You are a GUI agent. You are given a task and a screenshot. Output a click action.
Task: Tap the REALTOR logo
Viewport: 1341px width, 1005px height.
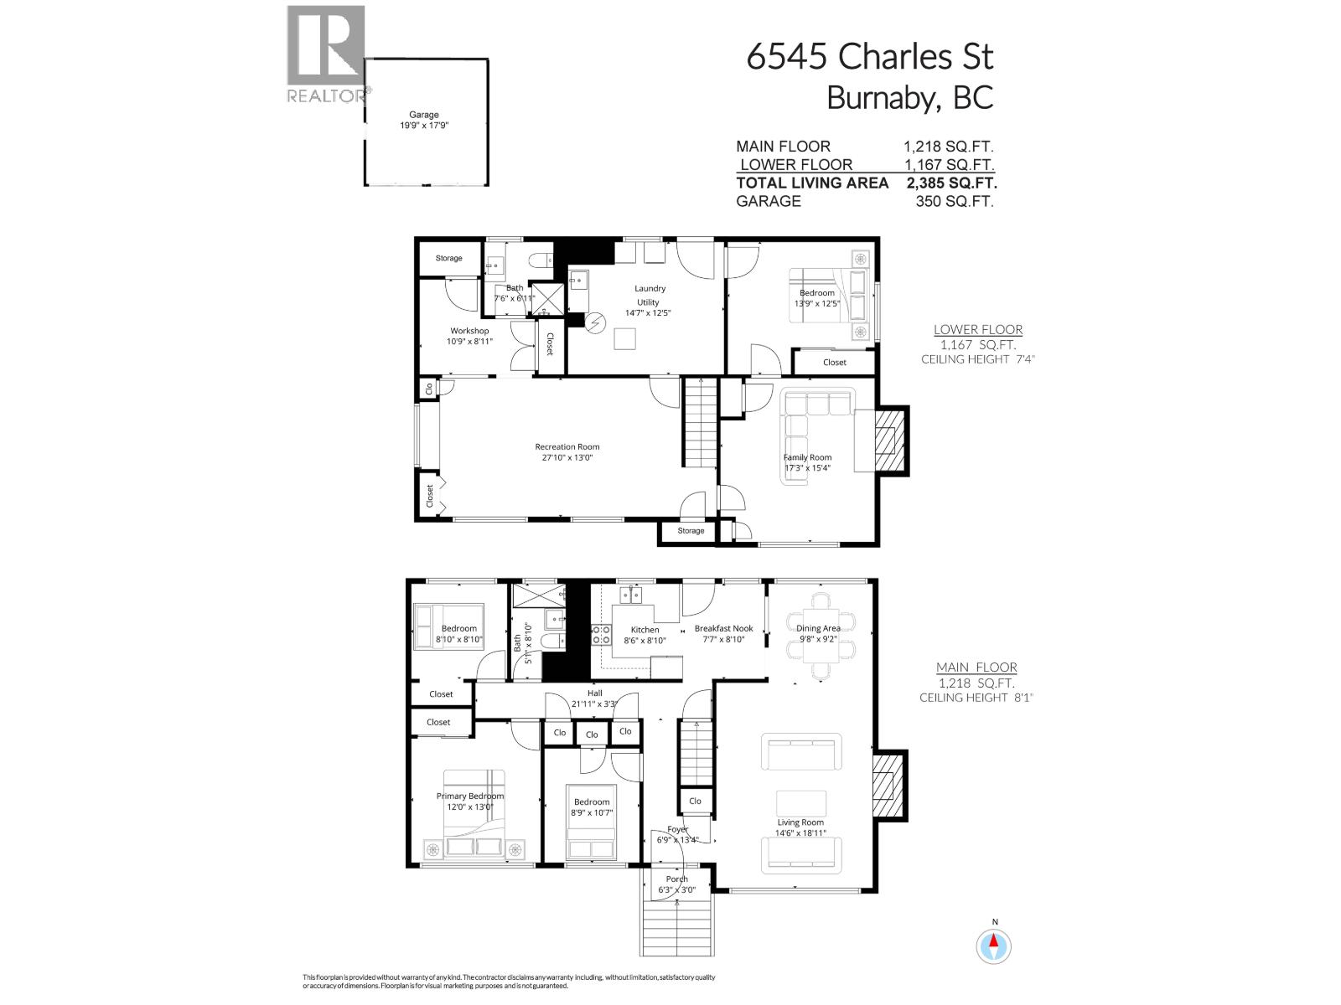(327, 55)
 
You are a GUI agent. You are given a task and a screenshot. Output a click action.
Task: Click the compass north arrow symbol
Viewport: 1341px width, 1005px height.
(995, 946)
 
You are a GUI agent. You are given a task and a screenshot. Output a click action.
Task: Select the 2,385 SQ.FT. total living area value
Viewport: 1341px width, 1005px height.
(951, 183)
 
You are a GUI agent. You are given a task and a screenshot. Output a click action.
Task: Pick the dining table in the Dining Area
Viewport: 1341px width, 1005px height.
(821, 633)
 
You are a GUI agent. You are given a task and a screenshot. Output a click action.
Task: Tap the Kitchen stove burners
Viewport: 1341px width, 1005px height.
(601, 634)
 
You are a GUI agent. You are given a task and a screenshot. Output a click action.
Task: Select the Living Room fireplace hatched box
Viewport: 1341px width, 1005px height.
(886, 786)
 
